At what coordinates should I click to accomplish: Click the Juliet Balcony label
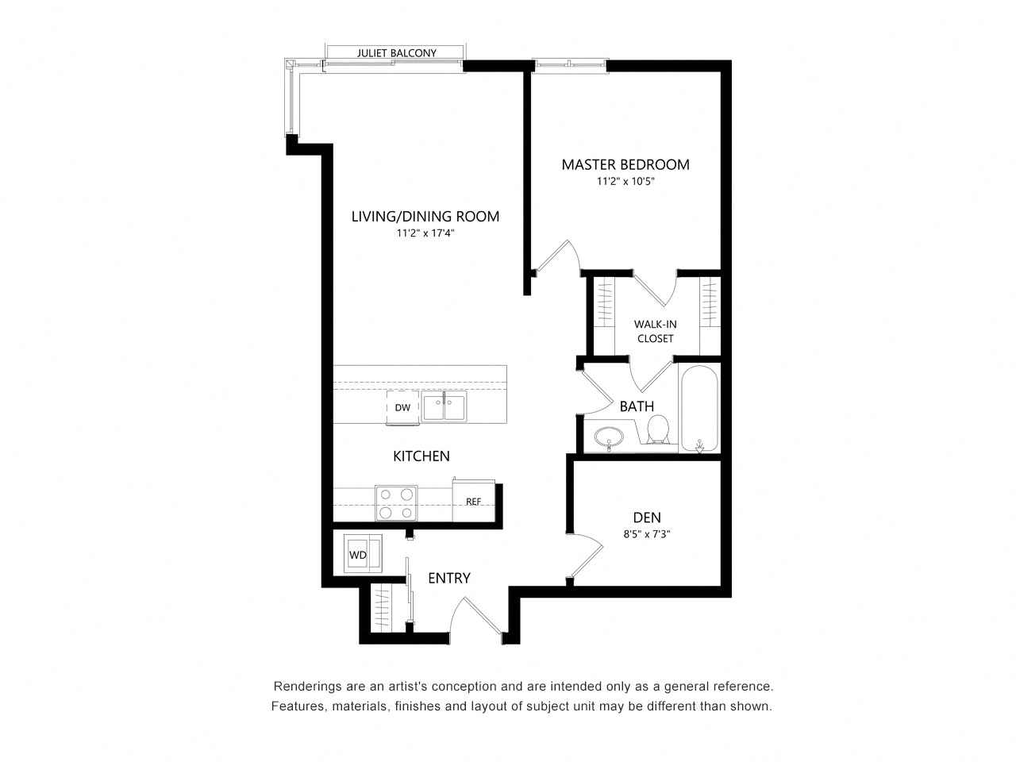[x=396, y=53]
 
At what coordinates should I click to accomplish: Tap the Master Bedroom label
[x=625, y=165]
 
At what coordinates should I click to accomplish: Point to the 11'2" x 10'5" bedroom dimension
[x=625, y=181]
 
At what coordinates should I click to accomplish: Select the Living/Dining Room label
[x=425, y=217]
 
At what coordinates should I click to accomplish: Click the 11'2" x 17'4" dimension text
[x=425, y=233]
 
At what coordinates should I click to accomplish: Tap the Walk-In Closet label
[x=655, y=331]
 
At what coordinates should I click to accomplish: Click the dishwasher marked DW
[x=402, y=408]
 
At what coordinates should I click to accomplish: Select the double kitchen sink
[x=444, y=407]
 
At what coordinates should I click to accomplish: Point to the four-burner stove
[x=396, y=503]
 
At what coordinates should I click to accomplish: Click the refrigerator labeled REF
[x=474, y=501]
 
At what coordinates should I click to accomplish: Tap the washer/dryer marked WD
[x=363, y=554]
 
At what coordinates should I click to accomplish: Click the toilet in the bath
[x=658, y=429]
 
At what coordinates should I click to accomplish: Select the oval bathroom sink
[x=609, y=437]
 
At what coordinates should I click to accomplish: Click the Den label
[x=647, y=518]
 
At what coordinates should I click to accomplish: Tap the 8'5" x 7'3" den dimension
[x=647, y=534]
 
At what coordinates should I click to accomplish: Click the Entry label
[x=449, y=578]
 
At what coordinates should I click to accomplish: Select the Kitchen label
[x=421, y=456]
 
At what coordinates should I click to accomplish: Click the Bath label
[x=637, y=406]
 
